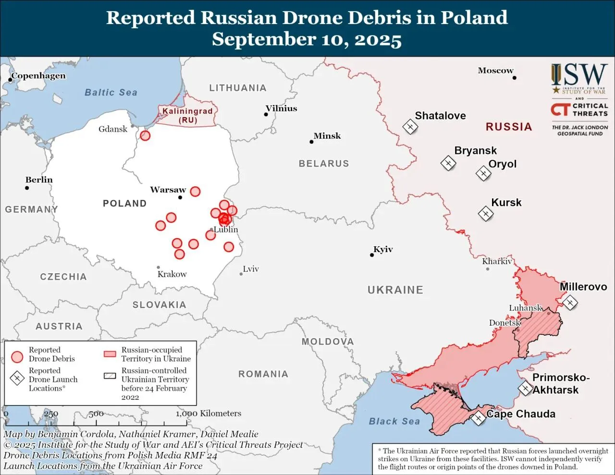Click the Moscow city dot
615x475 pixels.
point(514,77)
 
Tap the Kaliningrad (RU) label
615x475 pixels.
point(187,115)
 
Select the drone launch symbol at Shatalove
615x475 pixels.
point(410,127)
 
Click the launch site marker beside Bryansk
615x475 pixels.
point(448,164)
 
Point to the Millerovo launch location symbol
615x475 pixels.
point(570,303)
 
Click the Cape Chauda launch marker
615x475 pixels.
point(478,418)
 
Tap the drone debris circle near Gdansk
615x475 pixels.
point(145,135)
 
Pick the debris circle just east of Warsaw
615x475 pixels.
point(195,192)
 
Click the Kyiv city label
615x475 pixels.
point(383,249)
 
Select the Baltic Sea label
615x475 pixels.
point(111,92)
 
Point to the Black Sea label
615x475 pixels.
point(394,421)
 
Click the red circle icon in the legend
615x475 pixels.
point(17,357)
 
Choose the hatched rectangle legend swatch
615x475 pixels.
point(110,376)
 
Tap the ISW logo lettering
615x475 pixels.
point(579,75)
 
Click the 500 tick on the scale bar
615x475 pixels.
point(96,414)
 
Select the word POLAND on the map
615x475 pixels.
point(124,203)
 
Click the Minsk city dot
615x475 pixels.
point(311,142)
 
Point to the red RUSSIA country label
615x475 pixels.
point(509,127)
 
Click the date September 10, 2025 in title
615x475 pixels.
point(307,39)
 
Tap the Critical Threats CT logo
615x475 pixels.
point(560,110)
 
